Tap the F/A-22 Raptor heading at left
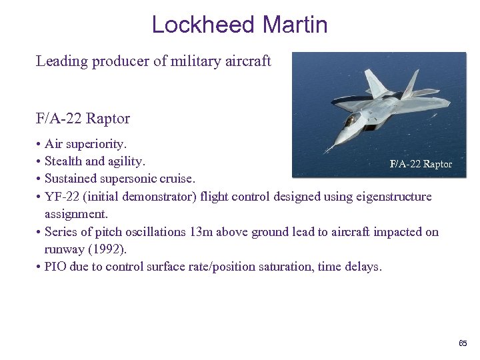click(83, 119)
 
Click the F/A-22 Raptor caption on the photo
click(420, 164)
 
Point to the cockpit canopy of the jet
click(351, 120)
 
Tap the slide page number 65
click(463, 343)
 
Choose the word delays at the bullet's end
click(362, 267)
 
